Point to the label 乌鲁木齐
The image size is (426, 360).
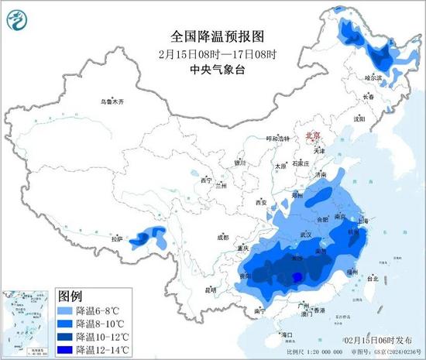pyautogui.click(x=112, y=101)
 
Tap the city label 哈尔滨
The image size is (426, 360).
pyautogui.click(x=373, y=78)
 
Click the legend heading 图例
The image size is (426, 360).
pyautogui.click(x=70, y=297)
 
